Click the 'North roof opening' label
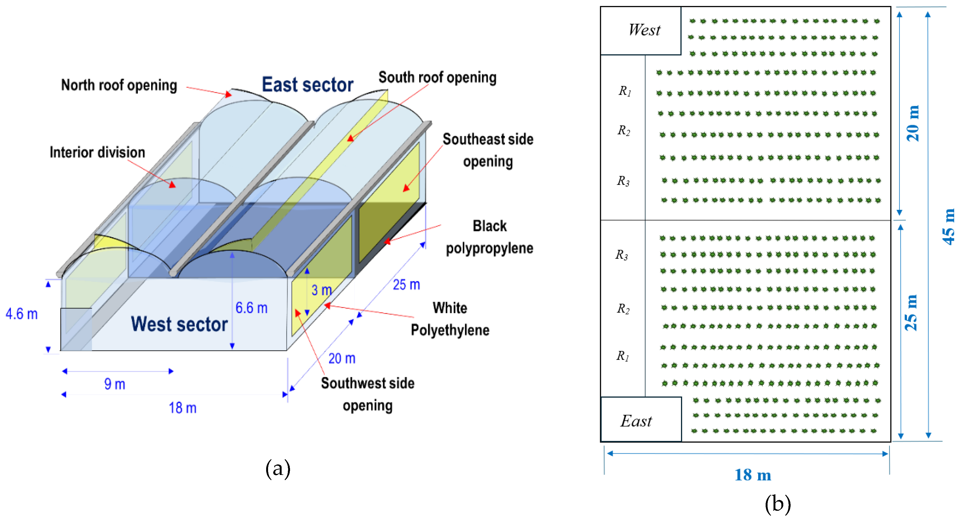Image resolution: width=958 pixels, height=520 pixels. coord(119,85)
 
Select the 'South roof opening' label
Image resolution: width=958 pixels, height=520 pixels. coord(437,77)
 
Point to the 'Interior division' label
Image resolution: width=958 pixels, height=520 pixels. coord(97,153)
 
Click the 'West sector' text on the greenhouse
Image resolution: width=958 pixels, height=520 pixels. coord(179,324)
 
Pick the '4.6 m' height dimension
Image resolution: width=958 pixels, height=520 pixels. coord(22,314)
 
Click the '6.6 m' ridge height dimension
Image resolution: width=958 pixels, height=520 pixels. coord(252,308)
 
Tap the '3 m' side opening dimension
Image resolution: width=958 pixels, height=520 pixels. coord(321,290)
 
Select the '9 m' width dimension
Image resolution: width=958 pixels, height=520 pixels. coord(114,384)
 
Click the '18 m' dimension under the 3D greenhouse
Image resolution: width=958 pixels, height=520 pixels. coord(183,408)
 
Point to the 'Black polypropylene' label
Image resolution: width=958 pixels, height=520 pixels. coord(489,237)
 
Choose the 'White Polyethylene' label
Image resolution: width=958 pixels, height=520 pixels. coord(450,319)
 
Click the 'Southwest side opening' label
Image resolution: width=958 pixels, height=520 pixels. coord(367,394)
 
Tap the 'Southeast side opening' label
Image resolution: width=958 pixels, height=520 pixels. coord(488,150)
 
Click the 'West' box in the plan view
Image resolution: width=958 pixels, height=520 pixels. coord(644,30)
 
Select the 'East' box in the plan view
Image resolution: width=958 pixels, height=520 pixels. coord(636,421)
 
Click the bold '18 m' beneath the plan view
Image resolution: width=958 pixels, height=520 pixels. coord(753,475)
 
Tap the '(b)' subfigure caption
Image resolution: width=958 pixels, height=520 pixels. coord(778,504)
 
